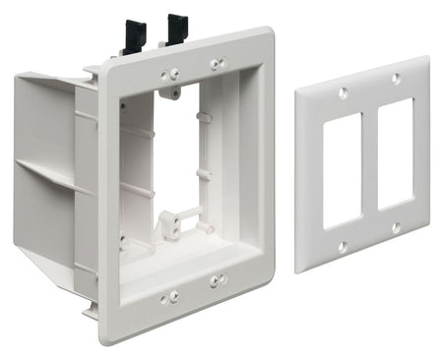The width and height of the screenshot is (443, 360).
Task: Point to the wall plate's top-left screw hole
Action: point(343,93)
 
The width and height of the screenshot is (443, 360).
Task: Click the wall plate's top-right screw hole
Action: point(396,78)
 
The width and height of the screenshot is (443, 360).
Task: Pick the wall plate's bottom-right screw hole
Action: point(397,228)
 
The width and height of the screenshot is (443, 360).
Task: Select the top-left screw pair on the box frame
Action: point(170,74)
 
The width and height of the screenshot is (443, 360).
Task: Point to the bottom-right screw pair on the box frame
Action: point(217,281)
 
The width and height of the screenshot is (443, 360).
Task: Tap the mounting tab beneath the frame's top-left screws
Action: point(172,93)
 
